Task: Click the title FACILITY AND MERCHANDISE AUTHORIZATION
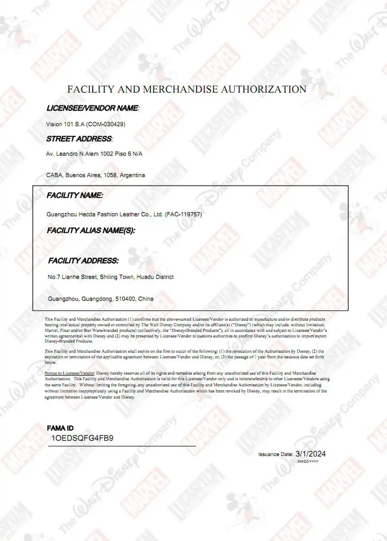point(187,89)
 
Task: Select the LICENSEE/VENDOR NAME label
point(93,108)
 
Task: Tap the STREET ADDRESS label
point(79,139)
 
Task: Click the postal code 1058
point(110,175)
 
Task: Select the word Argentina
point(132,175)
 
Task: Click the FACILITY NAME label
point(74,195)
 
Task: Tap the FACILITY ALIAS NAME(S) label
point(91,230)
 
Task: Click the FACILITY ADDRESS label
point(83,261)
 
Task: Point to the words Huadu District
point(155,277)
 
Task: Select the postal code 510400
point(125,299)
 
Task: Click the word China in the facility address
point(145,299)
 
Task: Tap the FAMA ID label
point(60,428)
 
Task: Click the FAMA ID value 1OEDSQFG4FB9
point(82,438)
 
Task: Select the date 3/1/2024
point(311,454)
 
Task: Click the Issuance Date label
point(275,454)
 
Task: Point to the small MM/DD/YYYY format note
point(308,461)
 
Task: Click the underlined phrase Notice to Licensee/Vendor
point(69,373)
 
